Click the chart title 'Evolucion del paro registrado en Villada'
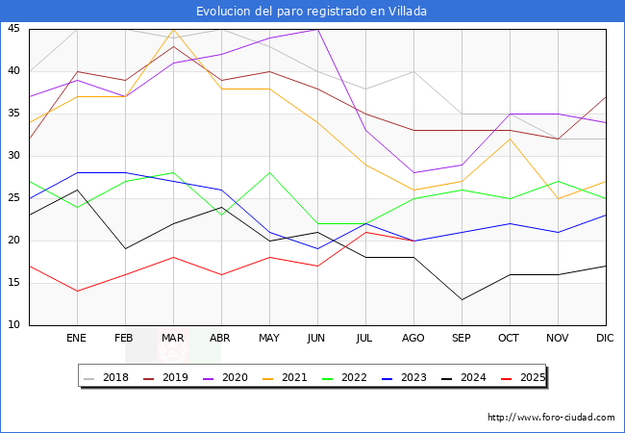pos(312,12)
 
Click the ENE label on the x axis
pos(77,339)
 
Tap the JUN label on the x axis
pos(317,339)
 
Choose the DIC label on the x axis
pos(606,339)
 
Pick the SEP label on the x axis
pos(462,339)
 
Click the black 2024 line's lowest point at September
pos(462,299)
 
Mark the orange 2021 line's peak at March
pos(173,29)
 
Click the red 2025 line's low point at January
pos(77,291)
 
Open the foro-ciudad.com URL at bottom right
pos(551,418)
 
